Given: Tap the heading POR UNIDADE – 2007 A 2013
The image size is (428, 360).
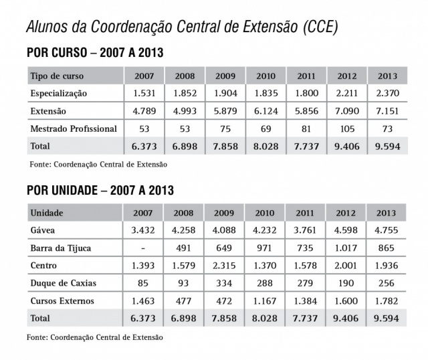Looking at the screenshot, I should tap(100, 191).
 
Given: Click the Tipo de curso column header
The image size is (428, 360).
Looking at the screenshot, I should tap(56, 76).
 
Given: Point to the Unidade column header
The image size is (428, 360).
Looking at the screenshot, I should tap(46, 213).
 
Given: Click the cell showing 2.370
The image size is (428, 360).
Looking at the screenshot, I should tap(387, 93).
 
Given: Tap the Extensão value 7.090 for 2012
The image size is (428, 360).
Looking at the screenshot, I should tap(346, 110).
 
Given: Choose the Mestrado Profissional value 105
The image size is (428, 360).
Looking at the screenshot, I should tap(346, 128).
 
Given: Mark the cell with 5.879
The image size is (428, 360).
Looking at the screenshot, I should tap(224, 110).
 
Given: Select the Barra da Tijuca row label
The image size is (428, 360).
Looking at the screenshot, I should tap(61, 248).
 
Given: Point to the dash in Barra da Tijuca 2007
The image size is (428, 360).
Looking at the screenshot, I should tap(143, 248).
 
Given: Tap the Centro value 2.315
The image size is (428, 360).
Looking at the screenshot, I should tap(224, 266).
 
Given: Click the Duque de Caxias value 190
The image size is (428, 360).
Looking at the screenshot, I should tap(346, 283).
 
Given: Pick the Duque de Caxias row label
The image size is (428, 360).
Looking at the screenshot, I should tap(64, 283).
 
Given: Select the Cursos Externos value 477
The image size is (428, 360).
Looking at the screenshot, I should tap(183, 300).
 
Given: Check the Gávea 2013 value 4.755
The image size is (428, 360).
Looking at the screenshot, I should tap(387, 231).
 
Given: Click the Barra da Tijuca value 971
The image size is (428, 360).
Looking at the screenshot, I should tap(265, 248).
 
